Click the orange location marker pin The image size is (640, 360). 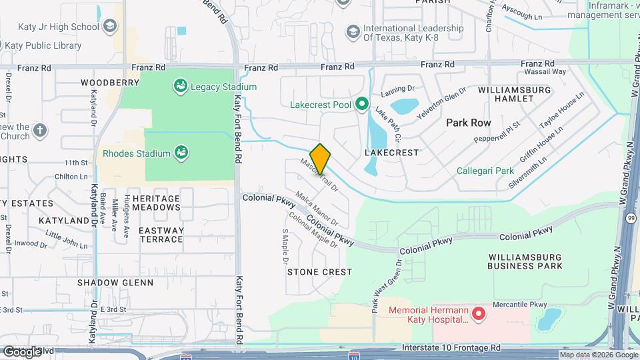click(321, 159)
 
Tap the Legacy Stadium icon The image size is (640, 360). click(179, 86)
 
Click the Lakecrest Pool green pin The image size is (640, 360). click(361, 104)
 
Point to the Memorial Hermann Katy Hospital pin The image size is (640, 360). click(478, 313)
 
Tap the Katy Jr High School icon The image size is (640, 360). click(110, 27)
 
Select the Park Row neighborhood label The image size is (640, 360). click(468, 123)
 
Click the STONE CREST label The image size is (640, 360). click(319, 272)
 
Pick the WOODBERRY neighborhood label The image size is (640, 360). click(110, 83)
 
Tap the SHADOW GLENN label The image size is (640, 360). click(115, 283)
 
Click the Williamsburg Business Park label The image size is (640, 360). click(525, 261)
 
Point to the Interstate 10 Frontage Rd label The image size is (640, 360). click(451, 348)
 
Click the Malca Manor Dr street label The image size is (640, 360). click(317, 209)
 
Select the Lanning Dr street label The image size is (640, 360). click(398, 90)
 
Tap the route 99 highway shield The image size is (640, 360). click(631, 217)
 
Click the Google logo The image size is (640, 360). click(22, 351)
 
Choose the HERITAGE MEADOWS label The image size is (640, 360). click(156, 203)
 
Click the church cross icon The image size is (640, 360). click(40, 129)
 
